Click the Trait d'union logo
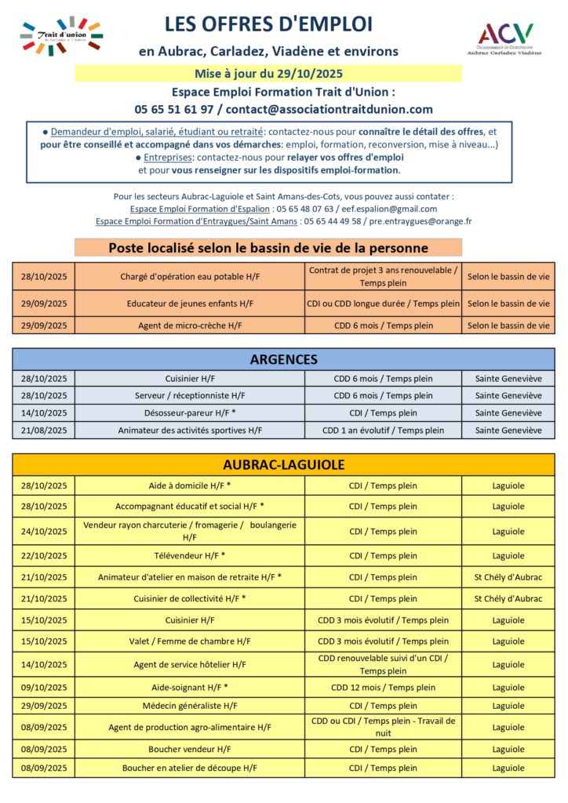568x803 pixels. [61, 36]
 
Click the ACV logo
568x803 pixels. [505, 37]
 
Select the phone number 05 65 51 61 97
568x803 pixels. [174, 110]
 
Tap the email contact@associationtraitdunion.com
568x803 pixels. [330, 110]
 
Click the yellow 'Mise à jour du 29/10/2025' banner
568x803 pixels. [268, 74]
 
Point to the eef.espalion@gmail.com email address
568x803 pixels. [395, 209]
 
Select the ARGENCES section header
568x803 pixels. [283, 360]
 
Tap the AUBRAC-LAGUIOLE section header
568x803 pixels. [283, 465]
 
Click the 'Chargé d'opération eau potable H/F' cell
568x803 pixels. [190, 277]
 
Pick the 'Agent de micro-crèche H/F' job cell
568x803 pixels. [190, 325]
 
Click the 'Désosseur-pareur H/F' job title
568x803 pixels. [190, 413]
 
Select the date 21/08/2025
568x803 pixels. [44, 431]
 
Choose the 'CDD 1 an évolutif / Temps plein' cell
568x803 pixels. [383, 431]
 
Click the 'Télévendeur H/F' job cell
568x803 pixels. [190, 556]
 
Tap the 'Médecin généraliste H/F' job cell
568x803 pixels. [190, 706]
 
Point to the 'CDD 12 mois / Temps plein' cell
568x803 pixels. [383, 688]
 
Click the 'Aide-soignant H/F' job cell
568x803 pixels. [190, 688]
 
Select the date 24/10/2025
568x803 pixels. [44, 532]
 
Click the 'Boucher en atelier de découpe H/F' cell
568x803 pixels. [190, 768]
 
